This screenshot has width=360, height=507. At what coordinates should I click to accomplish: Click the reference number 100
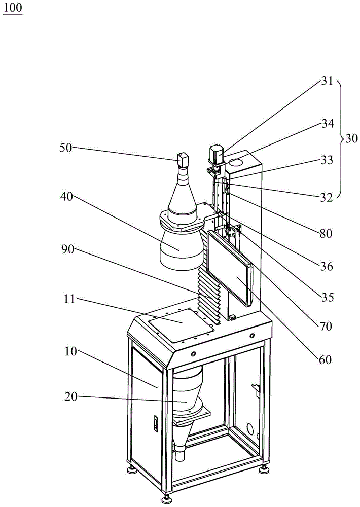click(x=13, y=9)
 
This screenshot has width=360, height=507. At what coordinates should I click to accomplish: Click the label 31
click(x=328, y=80)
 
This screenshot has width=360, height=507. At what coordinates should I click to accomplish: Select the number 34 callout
click(x=328, y=123)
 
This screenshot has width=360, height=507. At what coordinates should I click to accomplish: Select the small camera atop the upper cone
click(x=183, y=159)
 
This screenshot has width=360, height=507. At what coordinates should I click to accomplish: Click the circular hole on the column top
click(x=236, y=163)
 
